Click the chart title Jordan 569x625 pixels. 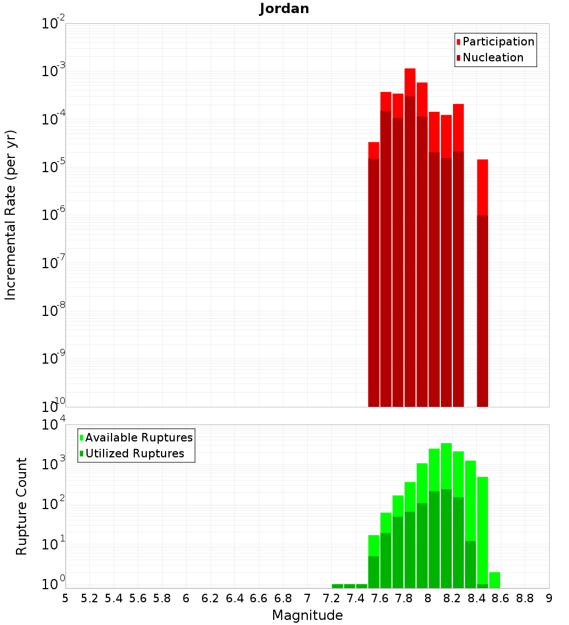click(284, 9)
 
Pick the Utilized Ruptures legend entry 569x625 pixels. click(134, 453)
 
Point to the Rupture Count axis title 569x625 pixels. click(22, 506)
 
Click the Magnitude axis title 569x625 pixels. click(307, 615)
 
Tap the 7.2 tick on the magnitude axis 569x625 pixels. click(331, 598)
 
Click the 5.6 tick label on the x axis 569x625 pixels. click(138, 598)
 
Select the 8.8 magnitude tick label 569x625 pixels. click(525, 598)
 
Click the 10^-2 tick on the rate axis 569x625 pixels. click(55, 24)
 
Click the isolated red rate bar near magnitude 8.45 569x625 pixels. click(483, 284)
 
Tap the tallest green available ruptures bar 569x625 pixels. click(446, 511)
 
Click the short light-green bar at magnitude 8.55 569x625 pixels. click(494, 580)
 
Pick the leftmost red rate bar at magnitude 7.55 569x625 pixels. click(374, 273)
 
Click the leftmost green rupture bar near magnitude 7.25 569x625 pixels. click(337, 586)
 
